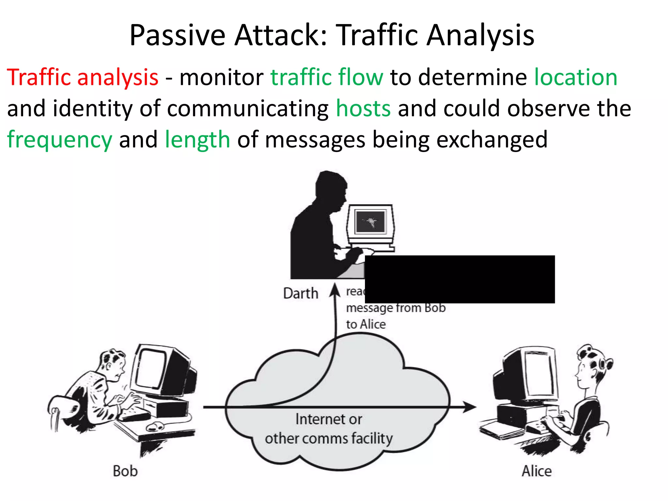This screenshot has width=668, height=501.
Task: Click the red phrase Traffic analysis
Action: (x=83, y=77)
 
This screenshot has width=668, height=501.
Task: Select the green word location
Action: (x=576, y=77)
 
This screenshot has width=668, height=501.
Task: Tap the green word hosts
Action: (x=363, y=108)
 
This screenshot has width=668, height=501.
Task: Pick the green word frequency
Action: (x=60, y=140)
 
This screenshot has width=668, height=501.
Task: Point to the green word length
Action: (x=198, y=140)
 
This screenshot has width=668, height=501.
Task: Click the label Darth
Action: (x=300, y=293)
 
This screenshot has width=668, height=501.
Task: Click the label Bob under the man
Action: (x=125, y=471)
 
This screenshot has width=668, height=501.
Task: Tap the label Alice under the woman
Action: (x=537, y=471)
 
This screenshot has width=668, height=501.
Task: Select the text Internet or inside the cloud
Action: (x=328, y=419)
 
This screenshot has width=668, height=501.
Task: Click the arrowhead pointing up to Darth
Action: (x=335, y=289)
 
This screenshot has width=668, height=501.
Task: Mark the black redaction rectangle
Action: (x=460, y=279)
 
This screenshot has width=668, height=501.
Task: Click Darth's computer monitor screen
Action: (x=371, y=222)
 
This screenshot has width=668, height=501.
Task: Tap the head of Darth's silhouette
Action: (x=329, y=188)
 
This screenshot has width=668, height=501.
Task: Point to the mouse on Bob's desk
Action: (x=155, y=426)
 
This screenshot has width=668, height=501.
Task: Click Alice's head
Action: (x=589, y=365)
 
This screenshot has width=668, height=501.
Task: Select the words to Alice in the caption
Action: (x=366, y=324)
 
